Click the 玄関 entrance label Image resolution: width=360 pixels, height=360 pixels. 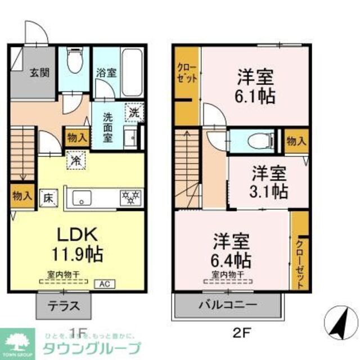[x=39, y=72]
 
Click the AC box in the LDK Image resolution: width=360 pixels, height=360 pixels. [x=105, y=285]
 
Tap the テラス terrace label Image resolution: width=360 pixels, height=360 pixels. [x=62, y=307]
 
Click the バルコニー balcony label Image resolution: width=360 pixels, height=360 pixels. [x=227, y=306]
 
